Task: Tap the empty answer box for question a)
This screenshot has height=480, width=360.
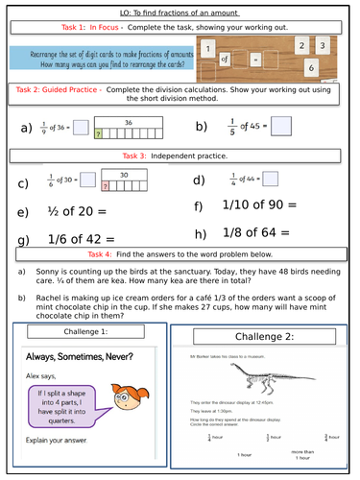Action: tap(82, 126)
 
